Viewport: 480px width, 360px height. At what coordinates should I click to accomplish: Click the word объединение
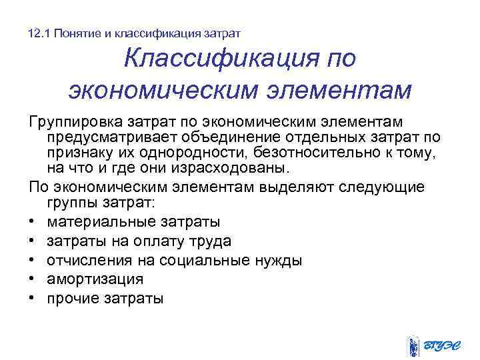(x=237, y=138)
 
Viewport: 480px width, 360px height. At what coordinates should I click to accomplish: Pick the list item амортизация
(x=95, y=279)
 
